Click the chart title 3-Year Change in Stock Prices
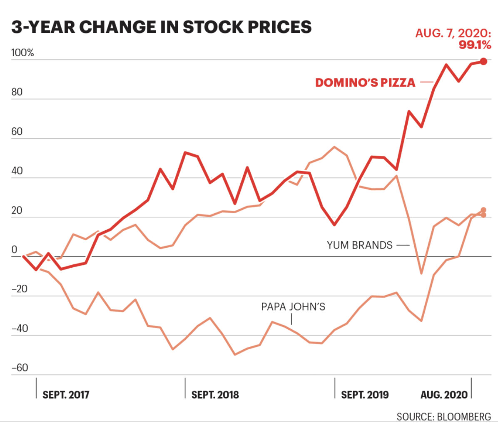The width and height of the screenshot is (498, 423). [161, 27]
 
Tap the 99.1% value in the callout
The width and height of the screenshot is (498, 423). [475, 45]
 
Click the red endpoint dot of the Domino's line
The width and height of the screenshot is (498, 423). [483, 61]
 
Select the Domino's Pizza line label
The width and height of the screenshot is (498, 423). [365, 82]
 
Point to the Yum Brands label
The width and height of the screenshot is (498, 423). [359, 245]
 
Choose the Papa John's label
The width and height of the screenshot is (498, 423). [293, 307]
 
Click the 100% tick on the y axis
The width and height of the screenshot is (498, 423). [22, 53]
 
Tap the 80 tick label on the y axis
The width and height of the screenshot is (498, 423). [17, 92]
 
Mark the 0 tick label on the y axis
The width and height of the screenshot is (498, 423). [14, 250]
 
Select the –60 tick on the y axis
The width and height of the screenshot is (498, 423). [20, 368]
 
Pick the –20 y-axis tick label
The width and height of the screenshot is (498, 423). [20, 289]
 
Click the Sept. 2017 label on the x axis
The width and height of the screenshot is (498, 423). [66, 395]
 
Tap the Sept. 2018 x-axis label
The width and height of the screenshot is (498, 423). [215, 395]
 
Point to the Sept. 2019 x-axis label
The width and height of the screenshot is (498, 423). [365, 395]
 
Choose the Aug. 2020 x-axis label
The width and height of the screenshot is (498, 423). [444, 395]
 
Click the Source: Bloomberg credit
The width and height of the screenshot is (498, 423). [444, 417]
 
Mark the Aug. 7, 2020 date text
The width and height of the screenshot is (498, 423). [453, 33]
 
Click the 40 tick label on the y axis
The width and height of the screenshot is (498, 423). [17, 171]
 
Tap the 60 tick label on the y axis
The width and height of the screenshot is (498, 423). [17, 132]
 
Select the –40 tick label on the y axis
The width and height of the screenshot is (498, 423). [20, 328]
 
